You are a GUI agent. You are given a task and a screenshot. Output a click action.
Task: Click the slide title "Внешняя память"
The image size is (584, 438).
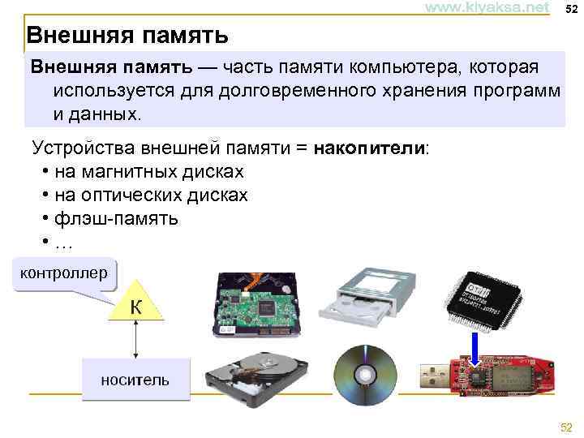click(x=127, y=36)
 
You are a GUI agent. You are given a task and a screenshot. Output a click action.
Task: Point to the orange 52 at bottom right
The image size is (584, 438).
click(x=565, y=425)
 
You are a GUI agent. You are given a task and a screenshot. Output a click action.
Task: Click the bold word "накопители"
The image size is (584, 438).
click(x=369, y=149)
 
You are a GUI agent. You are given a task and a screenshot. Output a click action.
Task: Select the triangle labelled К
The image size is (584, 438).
click(x=135, y=307)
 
